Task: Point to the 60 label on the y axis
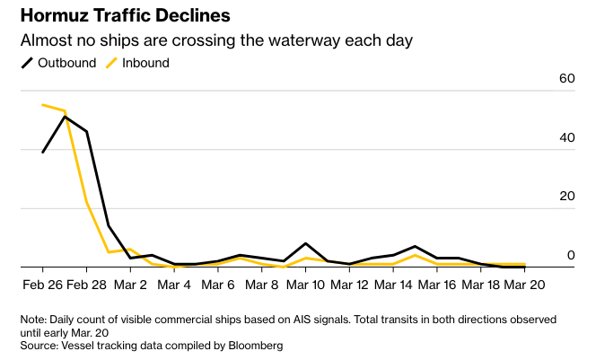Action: [x=565, y=79]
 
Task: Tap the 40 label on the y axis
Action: [x=565, y=137]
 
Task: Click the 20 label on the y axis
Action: [x=565, y=197]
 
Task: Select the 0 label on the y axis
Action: [x=570, y=256]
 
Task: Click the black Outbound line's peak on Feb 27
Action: [x=65, y=117]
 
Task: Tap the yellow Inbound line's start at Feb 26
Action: [x=43, y=105]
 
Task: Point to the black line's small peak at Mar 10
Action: [x=306, y=243]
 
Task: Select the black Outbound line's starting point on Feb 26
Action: [x=43, y=152]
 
